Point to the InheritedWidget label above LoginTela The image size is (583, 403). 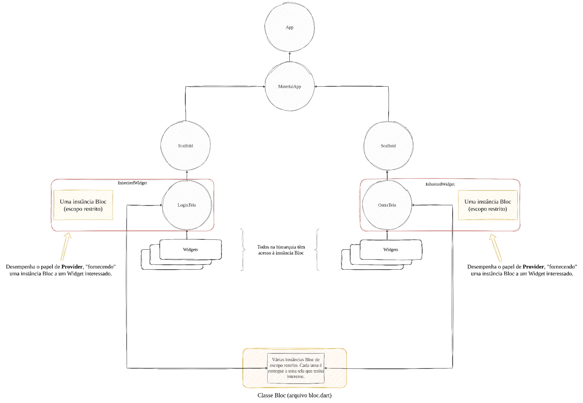(132, 183)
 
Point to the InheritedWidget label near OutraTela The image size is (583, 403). (440, 184)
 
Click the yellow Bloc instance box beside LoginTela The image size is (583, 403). (83, 205)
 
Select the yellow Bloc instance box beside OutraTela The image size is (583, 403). (488, 205)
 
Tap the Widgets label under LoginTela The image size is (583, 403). (190, 250)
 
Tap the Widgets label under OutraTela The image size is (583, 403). (391, 250)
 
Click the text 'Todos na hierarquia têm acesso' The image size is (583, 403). (281, 250)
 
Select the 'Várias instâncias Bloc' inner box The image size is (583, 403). (296, 368)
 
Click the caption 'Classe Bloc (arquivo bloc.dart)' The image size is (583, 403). (294, 395)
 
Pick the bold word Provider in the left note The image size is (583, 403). (72, 267)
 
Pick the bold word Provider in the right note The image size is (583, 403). (533, 267)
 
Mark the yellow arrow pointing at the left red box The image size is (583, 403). (66, 246)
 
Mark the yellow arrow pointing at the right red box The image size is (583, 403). (496, 248)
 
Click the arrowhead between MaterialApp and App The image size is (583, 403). (289, 53)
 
